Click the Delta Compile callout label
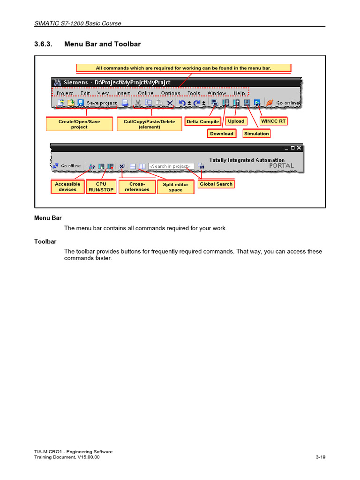tap(202, 121)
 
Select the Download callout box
tap(222, 134)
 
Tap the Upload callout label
tap(236, 121)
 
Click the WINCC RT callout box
tap(273, 121)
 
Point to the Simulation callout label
tap(256, 134)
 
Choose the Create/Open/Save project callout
tap(79, 124)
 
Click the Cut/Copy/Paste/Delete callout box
tap(150, 124)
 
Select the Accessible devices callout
tap(67, 187)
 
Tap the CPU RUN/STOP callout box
tap(101, 187)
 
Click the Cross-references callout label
tap(137, 187)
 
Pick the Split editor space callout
tap(175, 187)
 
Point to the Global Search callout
tap(216, 184)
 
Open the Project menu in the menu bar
tap(65, 93)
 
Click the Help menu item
tap(239, 93)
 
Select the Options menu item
tap(171, 93)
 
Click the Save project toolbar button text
tap(101, 103)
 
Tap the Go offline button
tap(67, 166)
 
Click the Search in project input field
tap(171, 166)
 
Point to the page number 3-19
tap(320, 457)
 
